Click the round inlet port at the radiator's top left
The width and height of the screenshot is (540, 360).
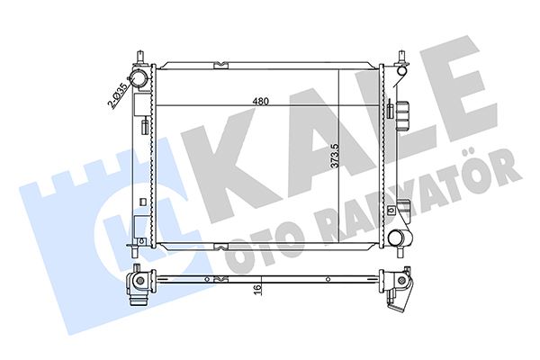click(x=139, y=79)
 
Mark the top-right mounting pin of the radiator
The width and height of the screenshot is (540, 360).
click(x=399, y=61)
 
